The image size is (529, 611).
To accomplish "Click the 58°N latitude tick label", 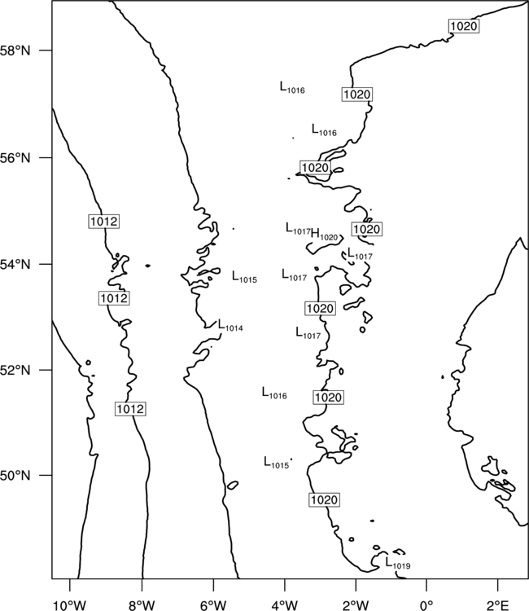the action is point(15,51).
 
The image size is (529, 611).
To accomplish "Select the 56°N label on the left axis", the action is point(15,158).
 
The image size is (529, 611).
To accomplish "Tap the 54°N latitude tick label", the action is point(15,264).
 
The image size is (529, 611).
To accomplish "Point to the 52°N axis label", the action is point(15,370).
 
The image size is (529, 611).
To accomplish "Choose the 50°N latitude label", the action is point(15,476).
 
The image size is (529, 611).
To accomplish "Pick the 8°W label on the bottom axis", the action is point(142,605).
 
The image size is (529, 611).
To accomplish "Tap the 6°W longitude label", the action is point(214,605).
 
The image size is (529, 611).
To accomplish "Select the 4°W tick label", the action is point(285,605).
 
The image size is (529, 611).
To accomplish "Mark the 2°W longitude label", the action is point(356,605).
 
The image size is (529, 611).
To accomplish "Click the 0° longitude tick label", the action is point(426,605).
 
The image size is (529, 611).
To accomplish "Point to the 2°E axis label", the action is point(498,605).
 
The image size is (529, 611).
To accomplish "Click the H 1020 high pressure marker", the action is point(324,235).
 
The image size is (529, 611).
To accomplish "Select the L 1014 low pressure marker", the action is point(230,325).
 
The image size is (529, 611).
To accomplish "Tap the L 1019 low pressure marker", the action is point(398,563).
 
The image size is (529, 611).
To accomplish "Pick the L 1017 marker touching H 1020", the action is point(298,229).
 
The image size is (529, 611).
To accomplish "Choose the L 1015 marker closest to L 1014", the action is point(244,277).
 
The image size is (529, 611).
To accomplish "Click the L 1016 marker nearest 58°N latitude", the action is point(292,87).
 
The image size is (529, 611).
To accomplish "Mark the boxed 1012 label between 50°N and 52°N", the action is point(130,409).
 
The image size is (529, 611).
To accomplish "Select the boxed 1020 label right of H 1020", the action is point(366,229).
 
